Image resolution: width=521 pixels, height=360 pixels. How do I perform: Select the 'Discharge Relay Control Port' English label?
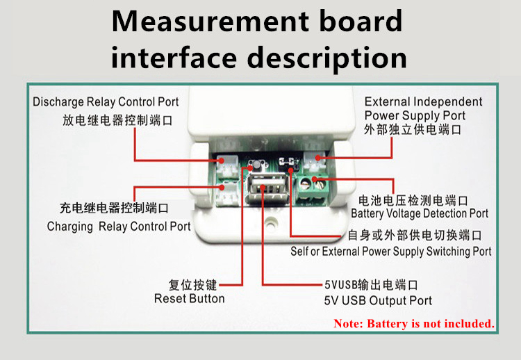[106, 102]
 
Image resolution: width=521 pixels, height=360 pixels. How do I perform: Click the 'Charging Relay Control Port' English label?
[119, 227]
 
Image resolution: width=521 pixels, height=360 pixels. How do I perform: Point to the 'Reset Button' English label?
[189, 299]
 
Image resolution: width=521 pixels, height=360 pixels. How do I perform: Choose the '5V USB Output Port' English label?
[378, 301]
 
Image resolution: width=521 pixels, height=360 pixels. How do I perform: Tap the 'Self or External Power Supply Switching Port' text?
[390, 251]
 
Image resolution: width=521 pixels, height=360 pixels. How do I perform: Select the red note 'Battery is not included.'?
[414, 323]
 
